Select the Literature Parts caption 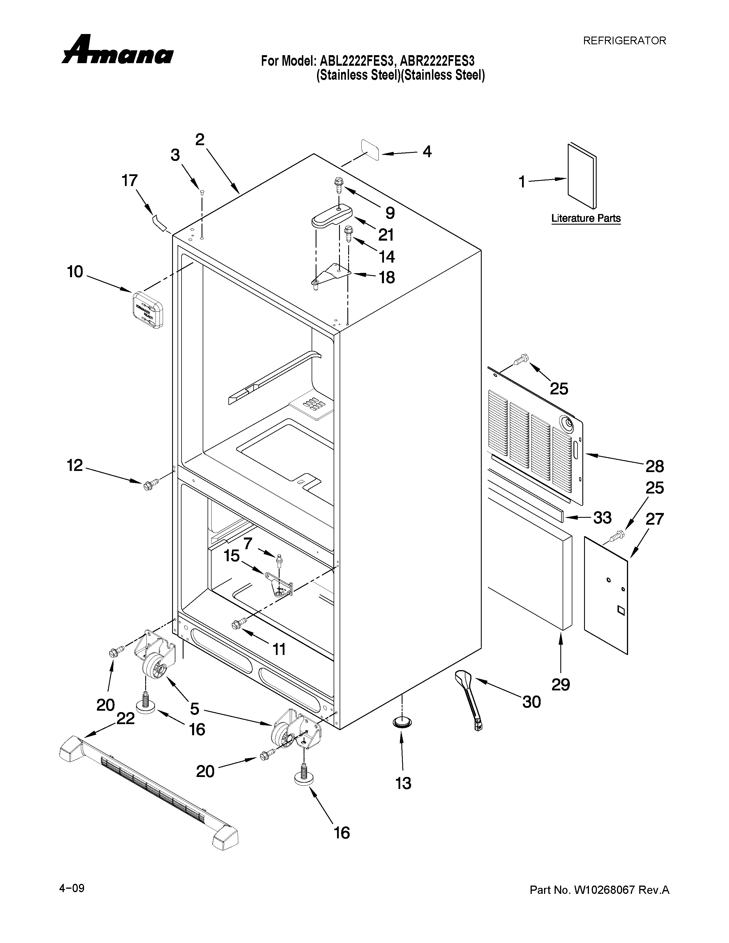(585, 219)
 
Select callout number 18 (387, 277)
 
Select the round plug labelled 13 (402, 722)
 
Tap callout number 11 (279, 649)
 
